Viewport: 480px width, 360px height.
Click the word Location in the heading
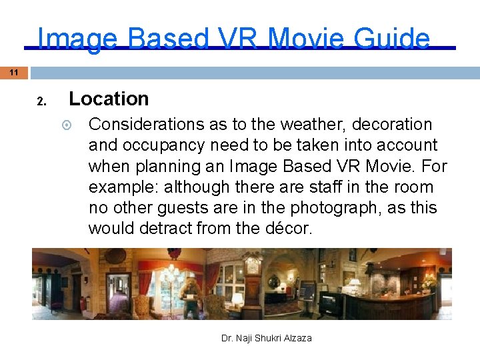pos(109,99)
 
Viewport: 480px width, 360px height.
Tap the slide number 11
pos(13,72)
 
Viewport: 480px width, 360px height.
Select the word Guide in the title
pos(392,39)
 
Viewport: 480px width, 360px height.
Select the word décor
pos(288,229)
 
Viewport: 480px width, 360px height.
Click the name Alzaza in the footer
pos(295,338)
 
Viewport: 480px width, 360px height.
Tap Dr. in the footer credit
pos(227,338)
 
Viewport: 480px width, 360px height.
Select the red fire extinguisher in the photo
pos(83,304)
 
